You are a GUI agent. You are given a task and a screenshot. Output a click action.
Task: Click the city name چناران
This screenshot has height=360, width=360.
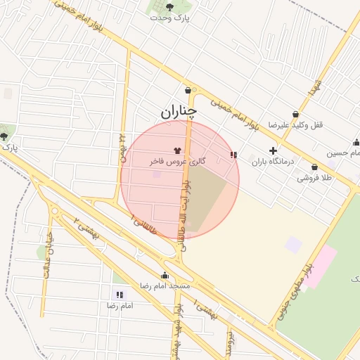(178, 111)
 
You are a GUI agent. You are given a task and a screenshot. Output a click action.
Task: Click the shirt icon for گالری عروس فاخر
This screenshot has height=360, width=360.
(176, 150)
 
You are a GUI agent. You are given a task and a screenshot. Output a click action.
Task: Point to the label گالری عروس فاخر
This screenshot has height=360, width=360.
(177, 161)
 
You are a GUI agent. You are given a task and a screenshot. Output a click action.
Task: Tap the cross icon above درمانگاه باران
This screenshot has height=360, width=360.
(273, 150)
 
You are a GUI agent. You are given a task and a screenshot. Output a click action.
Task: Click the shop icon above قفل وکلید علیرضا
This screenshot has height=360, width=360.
(296, 114)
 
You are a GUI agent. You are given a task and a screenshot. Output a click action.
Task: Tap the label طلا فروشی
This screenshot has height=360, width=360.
(313, 178)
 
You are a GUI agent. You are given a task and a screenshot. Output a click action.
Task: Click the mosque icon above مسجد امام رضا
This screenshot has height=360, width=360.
(165, 276)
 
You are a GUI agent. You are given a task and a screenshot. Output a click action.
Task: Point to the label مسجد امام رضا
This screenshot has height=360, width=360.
(165, 286)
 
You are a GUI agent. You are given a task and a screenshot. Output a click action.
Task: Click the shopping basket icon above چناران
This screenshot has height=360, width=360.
(188, 90)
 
